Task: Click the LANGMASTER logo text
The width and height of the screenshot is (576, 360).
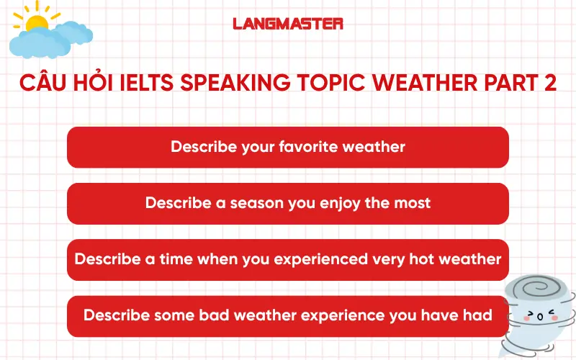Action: coord(288,24)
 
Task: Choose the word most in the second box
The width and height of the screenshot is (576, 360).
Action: coord(412,203)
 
